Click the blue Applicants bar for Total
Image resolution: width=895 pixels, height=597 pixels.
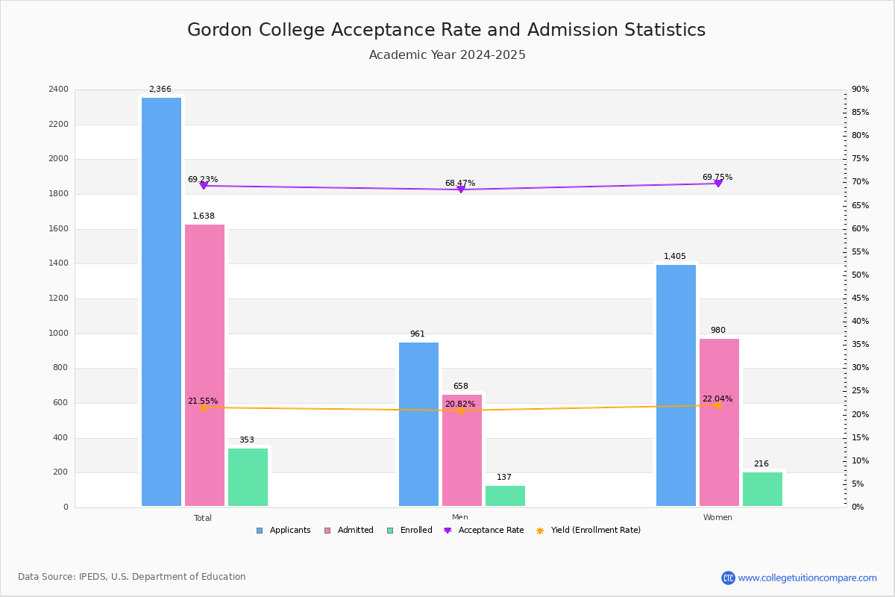[x=161, y=302]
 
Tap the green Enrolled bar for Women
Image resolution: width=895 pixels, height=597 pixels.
[x=762, y=490]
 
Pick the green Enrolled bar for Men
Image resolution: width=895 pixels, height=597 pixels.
[x=505, y=496]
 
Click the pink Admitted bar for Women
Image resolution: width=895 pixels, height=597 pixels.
[x=719, y=422]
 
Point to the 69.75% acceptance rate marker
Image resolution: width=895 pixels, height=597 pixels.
[x=717, y=183]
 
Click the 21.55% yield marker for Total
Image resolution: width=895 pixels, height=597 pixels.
[x=203, y=407]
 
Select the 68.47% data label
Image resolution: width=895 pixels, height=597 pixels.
[x=460, y=183]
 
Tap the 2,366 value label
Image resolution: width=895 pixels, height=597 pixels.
[x=160, y=90]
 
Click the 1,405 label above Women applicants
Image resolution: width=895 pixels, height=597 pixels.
[x=675, y=257]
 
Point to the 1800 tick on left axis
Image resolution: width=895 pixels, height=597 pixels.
[x=60, y=194]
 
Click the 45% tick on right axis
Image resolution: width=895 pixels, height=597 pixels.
[x=860, y=298]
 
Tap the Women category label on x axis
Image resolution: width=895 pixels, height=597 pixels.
[x=717, y=518]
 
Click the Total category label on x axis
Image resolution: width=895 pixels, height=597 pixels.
[x=203, y=518]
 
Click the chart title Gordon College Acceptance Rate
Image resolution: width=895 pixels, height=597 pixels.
[x=446, y=30]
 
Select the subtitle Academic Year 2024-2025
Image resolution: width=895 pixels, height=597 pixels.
[x=447, y=55]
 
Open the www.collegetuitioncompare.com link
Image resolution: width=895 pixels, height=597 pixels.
[x=807, y=578]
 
